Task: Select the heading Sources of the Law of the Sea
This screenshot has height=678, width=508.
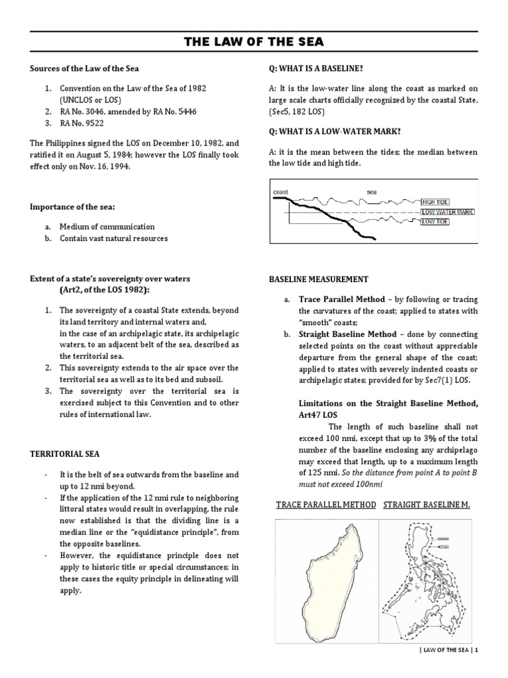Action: pos(85,68)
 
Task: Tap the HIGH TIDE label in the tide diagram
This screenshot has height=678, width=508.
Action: pos(435,201)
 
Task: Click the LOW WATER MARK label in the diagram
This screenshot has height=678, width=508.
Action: pos(447,212)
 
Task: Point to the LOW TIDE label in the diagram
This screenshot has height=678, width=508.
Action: pos(435,222)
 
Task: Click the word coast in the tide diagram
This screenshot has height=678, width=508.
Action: pos(282,192)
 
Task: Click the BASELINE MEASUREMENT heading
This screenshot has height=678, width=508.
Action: pos(319,279)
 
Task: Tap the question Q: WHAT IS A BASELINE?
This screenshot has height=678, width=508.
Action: pos(316,68)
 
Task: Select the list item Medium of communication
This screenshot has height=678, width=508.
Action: pos(106,226)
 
